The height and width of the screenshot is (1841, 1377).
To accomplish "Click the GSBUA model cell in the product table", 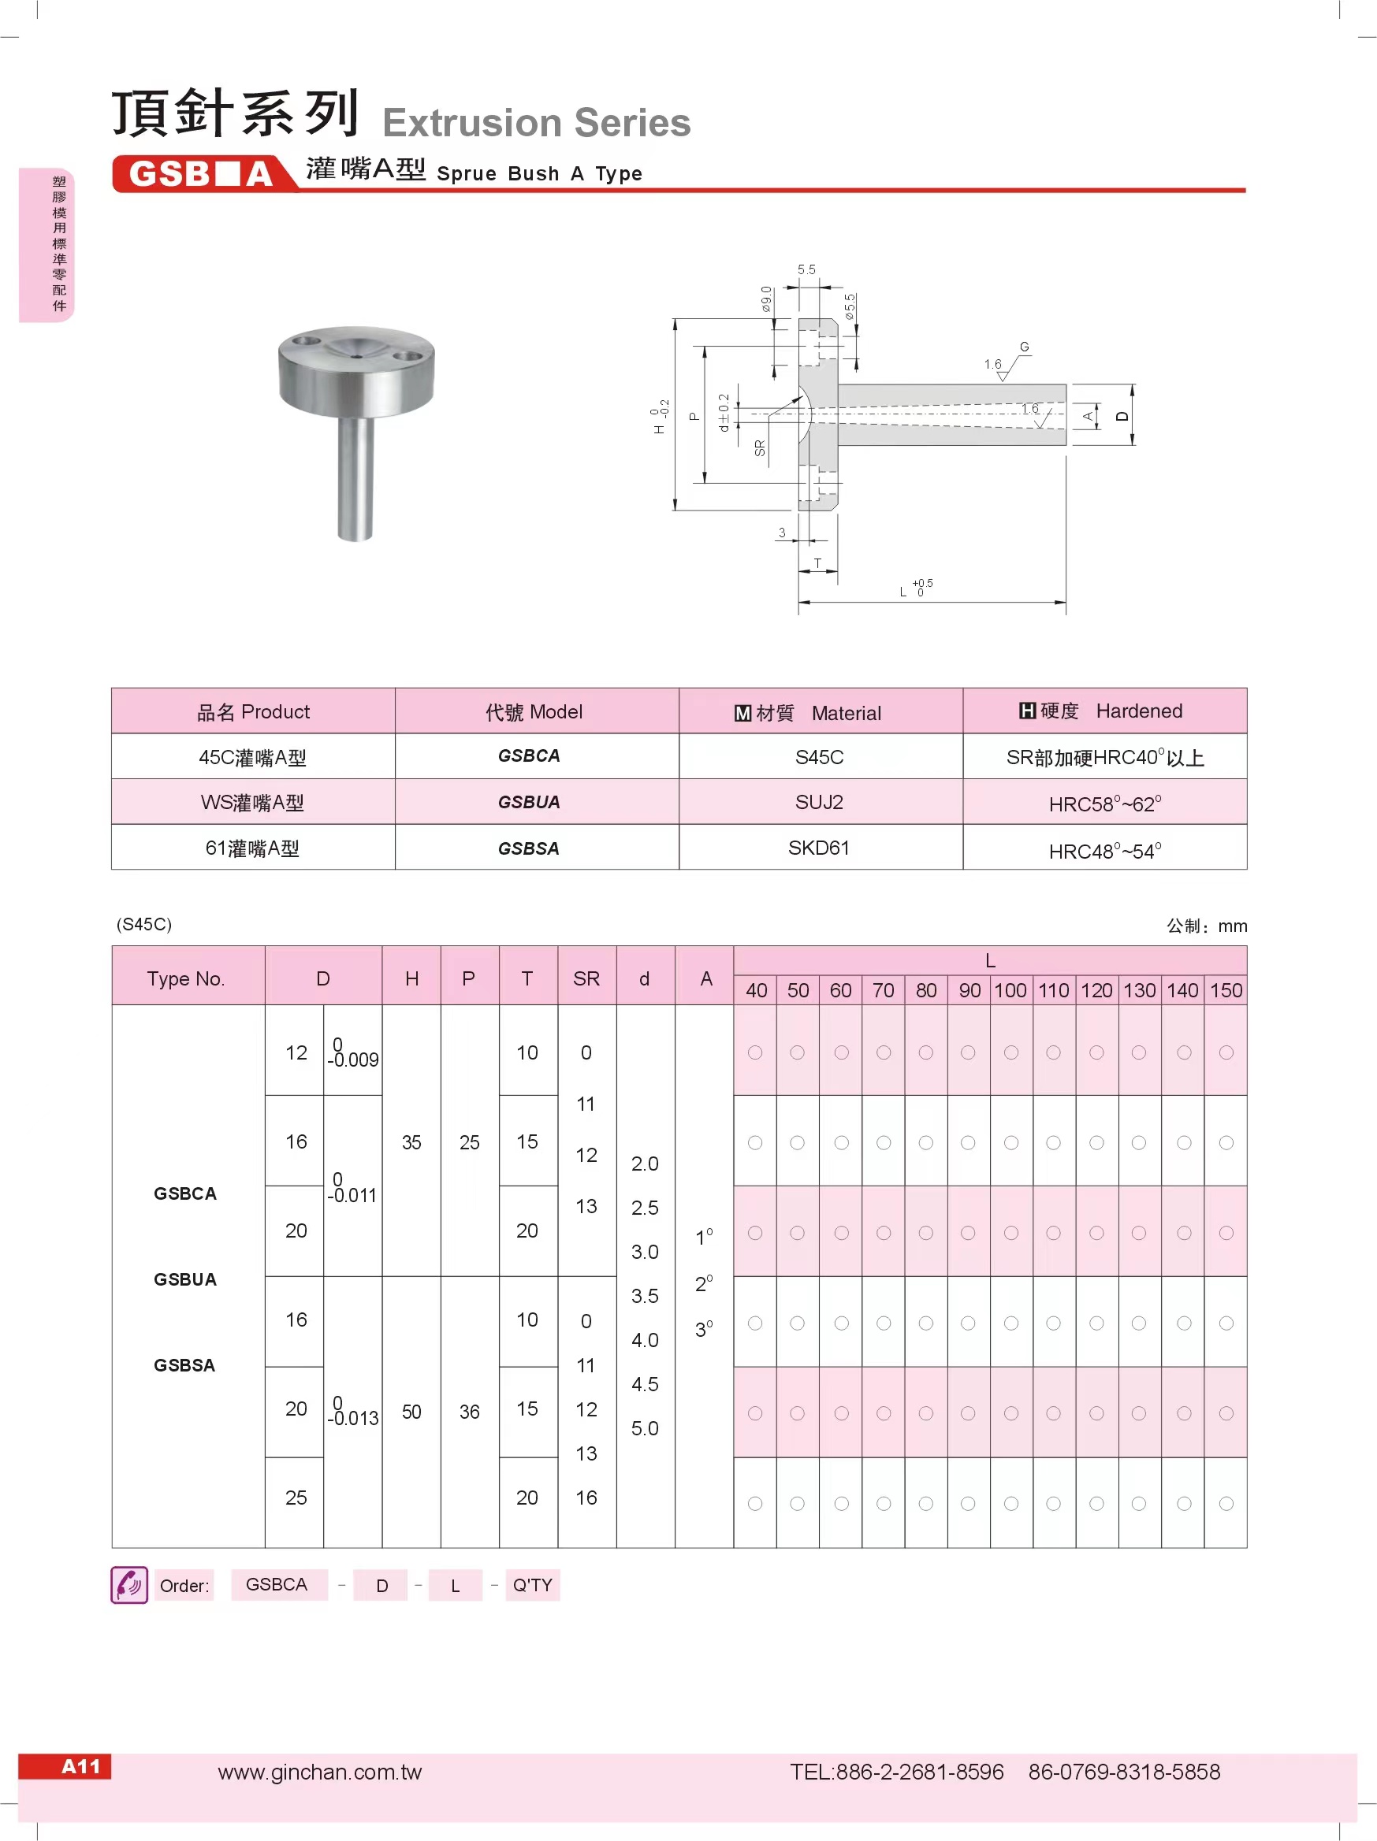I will coord(529,802).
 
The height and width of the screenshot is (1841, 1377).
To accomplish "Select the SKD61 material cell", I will coord(819,848).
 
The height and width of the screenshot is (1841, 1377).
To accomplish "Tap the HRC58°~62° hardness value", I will coord(1105,804).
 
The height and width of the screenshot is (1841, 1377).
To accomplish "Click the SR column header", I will coord(586,978).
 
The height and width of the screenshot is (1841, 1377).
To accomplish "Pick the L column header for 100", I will coord(1010,990).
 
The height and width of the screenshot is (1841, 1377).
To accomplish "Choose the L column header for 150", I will coord(1226,990).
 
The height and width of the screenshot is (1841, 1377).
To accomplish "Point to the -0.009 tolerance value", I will coord(354,1060).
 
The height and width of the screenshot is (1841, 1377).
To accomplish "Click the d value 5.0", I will coord(645,1428).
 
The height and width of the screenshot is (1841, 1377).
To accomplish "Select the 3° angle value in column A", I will coord(705,1329).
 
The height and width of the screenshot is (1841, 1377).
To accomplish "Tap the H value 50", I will coord(411,1412).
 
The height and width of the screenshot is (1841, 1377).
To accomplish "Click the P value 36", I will coord(470,1412).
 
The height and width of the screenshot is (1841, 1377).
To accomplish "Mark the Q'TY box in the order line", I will coord(532,1585).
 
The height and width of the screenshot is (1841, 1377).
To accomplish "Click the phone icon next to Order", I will coord(129,1585).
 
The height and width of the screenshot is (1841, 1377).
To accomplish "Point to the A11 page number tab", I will coord(80,1766).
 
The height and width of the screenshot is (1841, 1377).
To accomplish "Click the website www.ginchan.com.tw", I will coord(320,1772).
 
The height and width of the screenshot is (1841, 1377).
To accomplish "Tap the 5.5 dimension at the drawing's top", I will coord(806,269).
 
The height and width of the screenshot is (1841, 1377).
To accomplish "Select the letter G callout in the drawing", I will coord(1024,347).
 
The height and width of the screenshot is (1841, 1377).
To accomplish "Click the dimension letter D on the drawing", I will coord(1122,416).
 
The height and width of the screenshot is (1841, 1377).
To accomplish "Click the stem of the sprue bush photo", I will coord(355,478).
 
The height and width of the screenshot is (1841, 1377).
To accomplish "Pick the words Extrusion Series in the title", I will coord(536,123).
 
